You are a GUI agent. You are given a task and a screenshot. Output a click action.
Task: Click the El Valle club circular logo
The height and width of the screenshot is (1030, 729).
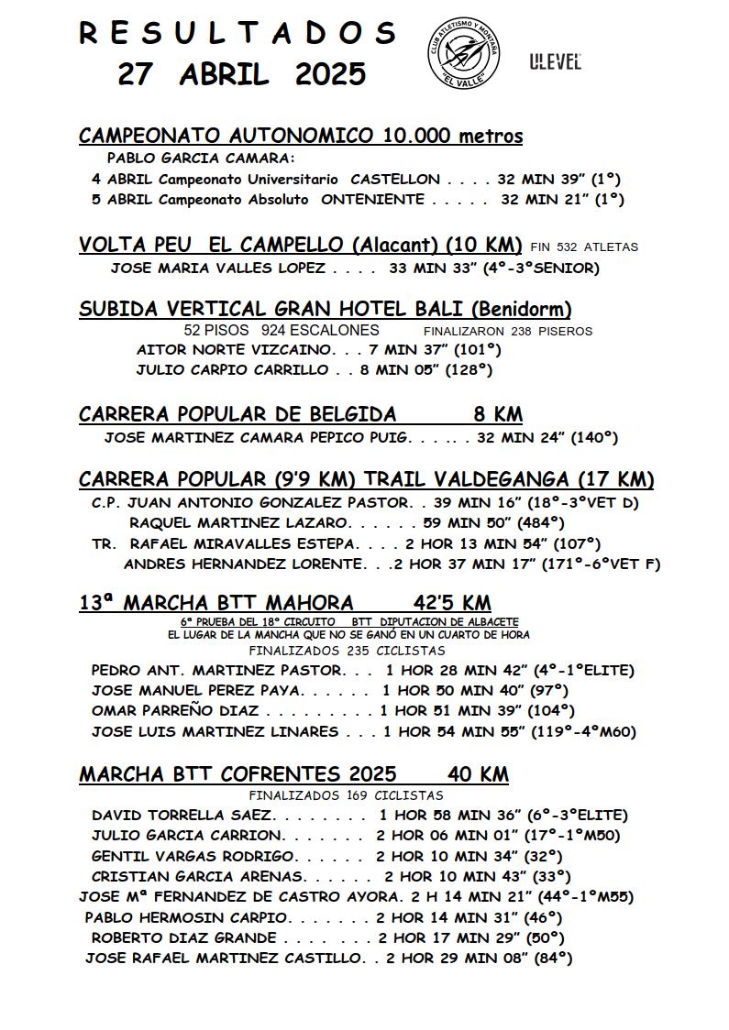click(464, 52)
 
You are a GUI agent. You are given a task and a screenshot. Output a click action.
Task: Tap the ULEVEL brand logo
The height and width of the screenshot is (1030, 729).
click(555, 62)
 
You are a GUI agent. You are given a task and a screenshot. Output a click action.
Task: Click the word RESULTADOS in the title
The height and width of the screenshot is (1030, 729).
click(237, 33)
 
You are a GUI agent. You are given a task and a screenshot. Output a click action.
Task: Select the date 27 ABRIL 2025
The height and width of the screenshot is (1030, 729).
click(241, 74)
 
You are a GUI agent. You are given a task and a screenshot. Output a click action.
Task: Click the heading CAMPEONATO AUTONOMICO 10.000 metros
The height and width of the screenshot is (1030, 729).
click(301, 137)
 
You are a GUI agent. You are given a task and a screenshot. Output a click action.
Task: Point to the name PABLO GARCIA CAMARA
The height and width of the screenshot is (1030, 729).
click(194, 158)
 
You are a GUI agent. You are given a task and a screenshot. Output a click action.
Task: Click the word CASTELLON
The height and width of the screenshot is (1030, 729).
click(395, 180)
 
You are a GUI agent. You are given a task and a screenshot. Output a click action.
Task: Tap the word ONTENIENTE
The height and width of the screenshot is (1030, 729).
click(372, 199)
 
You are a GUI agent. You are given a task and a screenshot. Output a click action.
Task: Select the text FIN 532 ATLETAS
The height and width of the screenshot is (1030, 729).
click(584, 247)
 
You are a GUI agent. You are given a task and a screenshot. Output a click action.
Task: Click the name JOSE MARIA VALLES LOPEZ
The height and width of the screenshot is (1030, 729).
click(217, 268)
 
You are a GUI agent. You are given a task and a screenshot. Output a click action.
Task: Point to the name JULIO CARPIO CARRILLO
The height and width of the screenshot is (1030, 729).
click(232, 370)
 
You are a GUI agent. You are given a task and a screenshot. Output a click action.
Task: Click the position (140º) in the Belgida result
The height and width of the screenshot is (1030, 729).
click(594, 438)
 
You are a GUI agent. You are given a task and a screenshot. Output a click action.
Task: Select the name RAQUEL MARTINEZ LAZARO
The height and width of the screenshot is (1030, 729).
click(239, 522)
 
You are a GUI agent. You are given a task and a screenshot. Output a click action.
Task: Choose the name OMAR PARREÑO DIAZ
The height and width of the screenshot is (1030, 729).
click(175, 711)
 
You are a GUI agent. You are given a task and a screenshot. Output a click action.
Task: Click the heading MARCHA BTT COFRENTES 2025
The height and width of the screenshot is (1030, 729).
click(237, 774)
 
